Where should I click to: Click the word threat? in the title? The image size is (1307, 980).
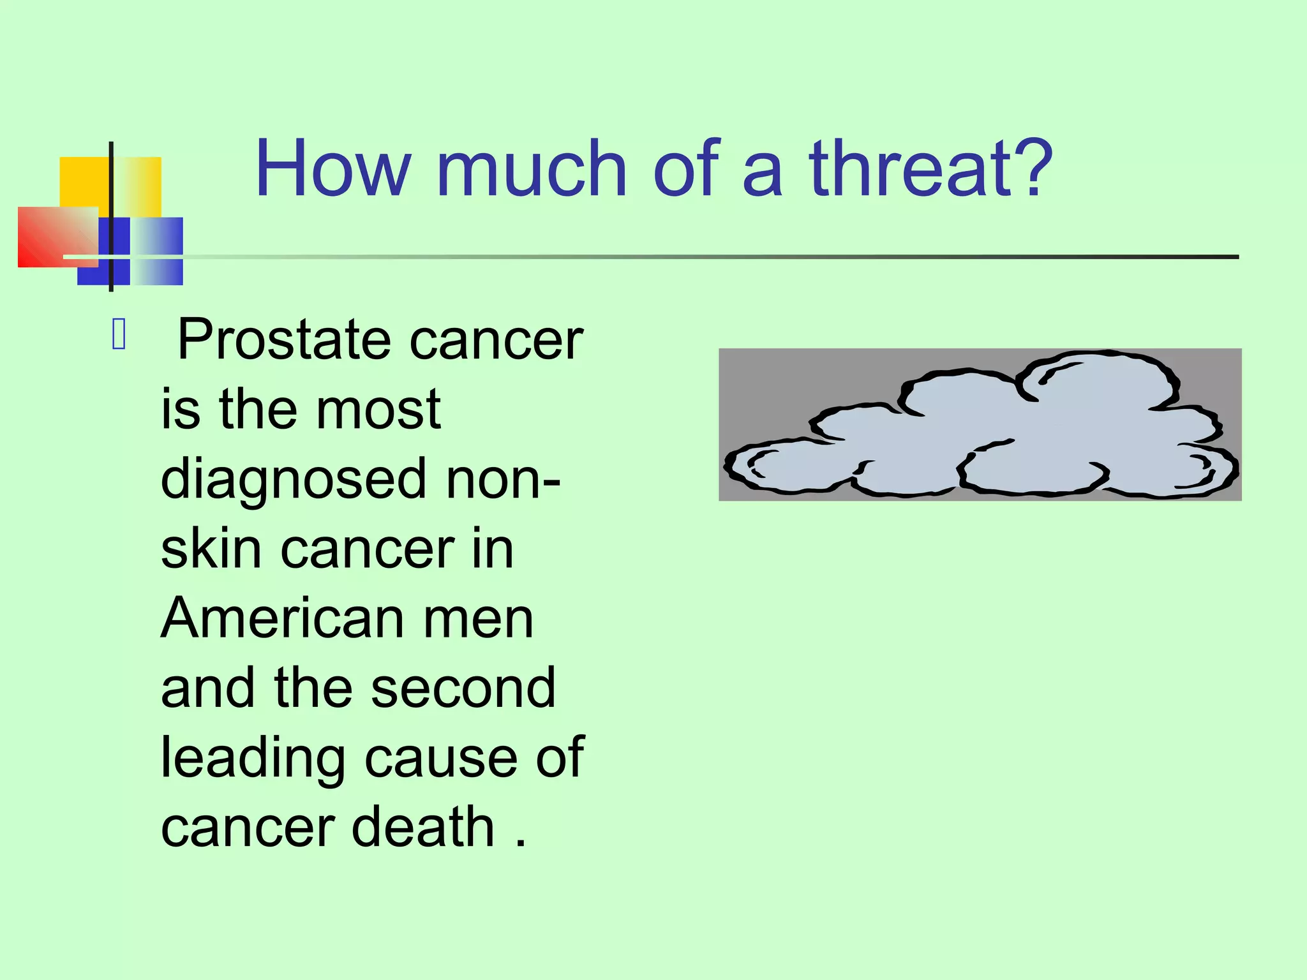pyautogui.click(x=930, y=168)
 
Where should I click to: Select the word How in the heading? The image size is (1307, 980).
pyautogui.click(x=332, y=168)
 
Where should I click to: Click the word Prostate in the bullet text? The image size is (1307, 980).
pyautogui.click(x=283, y=340)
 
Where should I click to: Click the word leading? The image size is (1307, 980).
pyautogui.click(x=253, y=759)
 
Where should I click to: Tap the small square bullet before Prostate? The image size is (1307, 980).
pyautogui.click(x=119, y=334)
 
